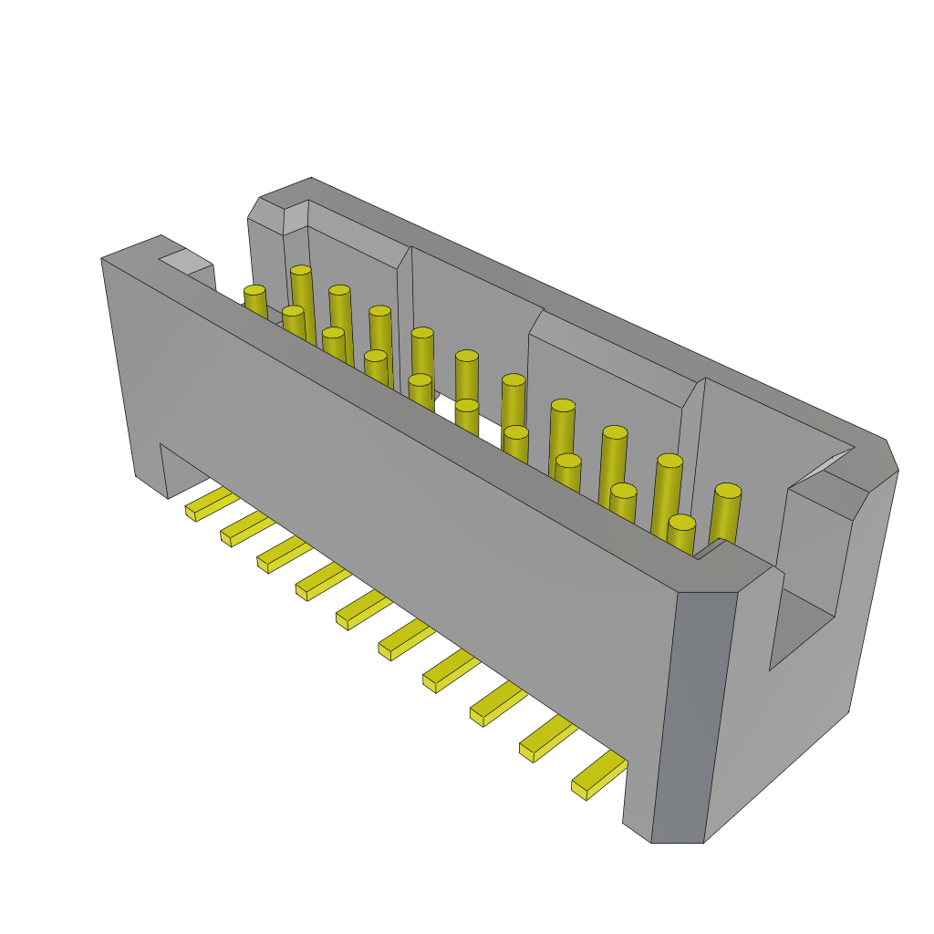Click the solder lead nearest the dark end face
click(x=599, y=774)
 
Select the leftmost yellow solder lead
click(x=212, y=503)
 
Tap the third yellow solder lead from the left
click(x=284, y=555)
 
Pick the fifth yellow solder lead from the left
click(x=363, y=610)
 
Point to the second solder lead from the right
click(x=547, y=737)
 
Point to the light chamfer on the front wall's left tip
click(x=186, y=262)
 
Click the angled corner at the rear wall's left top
click(x=266, y=214)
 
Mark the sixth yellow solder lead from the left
click(x=407, y=638)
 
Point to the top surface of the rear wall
click(x=593, y=310)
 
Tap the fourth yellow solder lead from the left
click(x=323, y=581)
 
